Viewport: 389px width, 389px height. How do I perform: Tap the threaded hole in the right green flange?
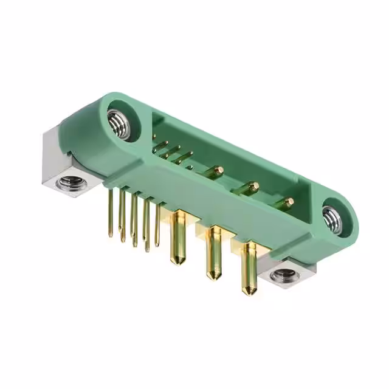(333, 218)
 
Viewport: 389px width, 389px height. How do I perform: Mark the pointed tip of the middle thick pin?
(213, 277)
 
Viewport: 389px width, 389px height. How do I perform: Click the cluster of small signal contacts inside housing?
(170, 152)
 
